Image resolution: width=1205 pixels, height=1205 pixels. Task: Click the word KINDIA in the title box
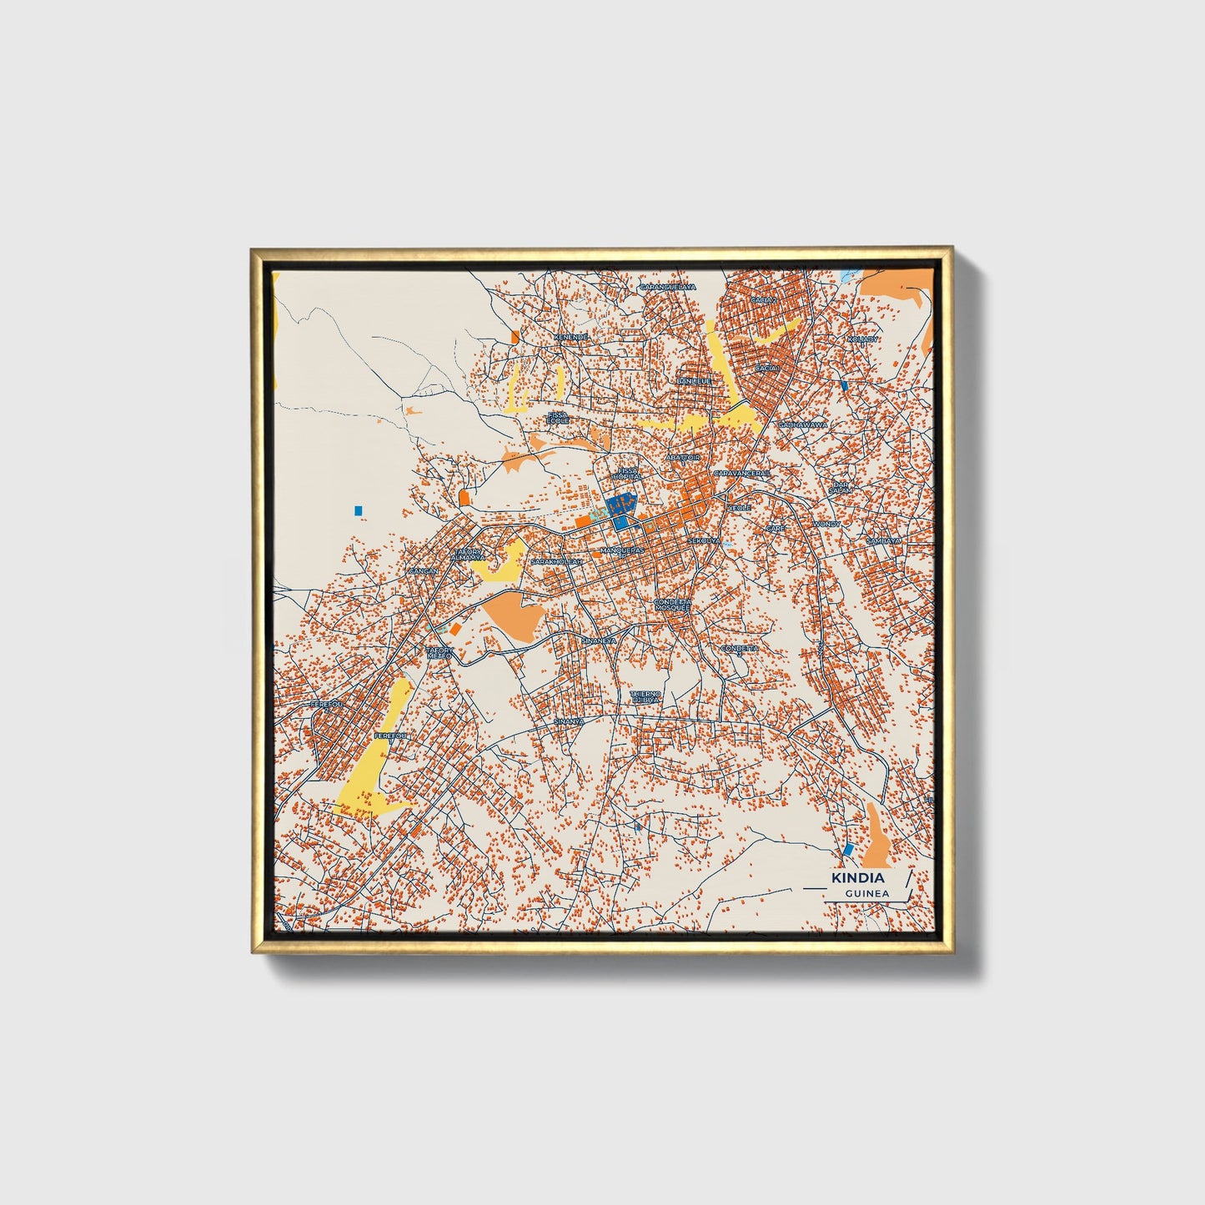pos(858,878)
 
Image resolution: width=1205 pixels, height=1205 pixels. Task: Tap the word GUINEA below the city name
pos(866,893)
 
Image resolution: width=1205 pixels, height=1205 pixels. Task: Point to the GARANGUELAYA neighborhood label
pos(667,287)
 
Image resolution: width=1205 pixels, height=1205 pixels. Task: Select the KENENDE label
pos(571,337)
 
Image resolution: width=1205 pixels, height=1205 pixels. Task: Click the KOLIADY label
pos(862,339)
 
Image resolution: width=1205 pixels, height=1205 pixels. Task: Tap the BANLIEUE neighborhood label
pos(694,381)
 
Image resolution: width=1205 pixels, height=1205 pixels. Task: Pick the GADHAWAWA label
pos(803,424)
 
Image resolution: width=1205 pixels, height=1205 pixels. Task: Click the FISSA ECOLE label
pos(557,418)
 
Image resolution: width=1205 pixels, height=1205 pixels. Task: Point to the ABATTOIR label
pos(683,458)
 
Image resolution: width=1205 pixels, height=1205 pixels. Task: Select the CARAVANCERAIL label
pos(742,473)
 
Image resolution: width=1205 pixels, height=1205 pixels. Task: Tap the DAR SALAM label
pos(841,488)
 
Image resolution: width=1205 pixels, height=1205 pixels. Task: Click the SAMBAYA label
pos(883,540)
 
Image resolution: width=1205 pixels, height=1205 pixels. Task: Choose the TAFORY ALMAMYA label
pos(467,554)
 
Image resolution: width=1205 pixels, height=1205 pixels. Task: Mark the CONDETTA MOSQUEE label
pos(672,605)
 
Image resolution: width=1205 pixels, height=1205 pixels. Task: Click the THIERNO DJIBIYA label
pos(645,696)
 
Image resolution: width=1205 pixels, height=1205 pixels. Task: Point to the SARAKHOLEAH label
pos(558,562)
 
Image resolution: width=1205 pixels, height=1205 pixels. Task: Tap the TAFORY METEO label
pos(439,653)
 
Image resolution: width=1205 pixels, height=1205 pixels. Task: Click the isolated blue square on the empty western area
pos(359,510)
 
